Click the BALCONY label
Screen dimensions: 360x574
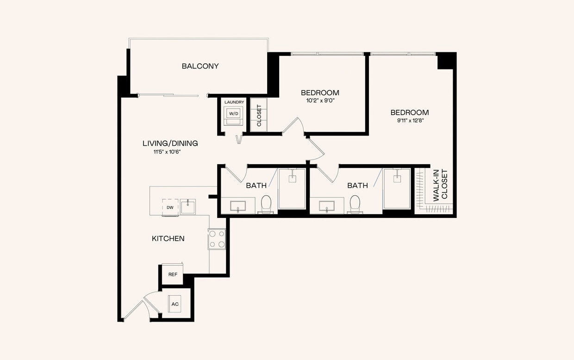pyautogui.click(x=200, y=66)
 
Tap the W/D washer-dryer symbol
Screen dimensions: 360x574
pyautogui.click(x=234, y=114)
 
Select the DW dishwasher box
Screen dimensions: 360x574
pyautogui.click(x=170, y=207)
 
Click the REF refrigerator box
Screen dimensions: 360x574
pyautogui.click(x=173, y=274)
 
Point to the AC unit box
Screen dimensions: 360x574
pyautogui.click(x=175, y=304)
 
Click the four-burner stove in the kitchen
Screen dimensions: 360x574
pyautogui.click(x=217, y=239)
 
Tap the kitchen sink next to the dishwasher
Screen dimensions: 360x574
pyautogui.click(x=187, y=206)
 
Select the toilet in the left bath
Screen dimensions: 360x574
pyautogui.click(x=266, y=204)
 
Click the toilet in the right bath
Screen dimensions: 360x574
pyautogui.click(x=355, y=204)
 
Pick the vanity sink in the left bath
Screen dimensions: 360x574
pyautogui.click(x=238, y=205)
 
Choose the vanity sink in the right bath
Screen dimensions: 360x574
pyautogui.click(x=327, y=205)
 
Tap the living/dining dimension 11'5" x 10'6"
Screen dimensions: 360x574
pyautogui.click(x=167, y=151)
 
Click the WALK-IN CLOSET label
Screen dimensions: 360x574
pyautogui.click(x=440, y=185)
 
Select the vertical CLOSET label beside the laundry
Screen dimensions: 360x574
pyautogui.click(x=259, y=115)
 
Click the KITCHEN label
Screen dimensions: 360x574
pyautogui.click(x=168, y=239)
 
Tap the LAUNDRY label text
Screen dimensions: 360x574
pyautogui.click(x=234, y=102)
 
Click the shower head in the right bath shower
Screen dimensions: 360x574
pyautogui.click(x=397, y=176)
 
